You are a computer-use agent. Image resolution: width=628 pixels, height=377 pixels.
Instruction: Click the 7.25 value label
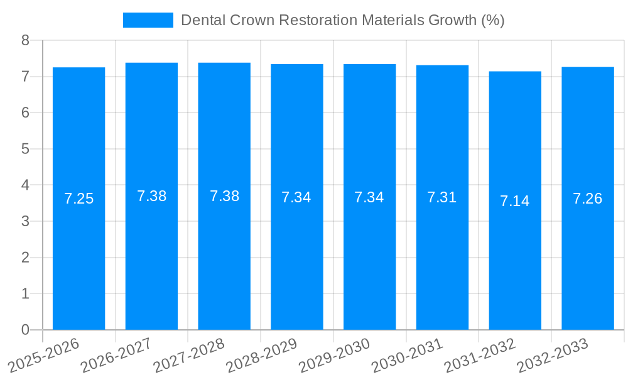[x=78, y=199]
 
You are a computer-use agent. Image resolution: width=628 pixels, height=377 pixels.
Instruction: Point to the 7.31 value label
[x=442, y=198]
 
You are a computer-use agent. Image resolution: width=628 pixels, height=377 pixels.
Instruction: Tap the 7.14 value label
[x=515, y=201]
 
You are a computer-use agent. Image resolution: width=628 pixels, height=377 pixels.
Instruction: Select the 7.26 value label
[x=588, y=199]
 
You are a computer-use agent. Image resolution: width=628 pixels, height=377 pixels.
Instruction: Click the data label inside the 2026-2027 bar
[x=151, y=196]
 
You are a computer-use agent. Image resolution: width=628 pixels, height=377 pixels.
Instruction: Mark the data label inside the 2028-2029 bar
[x=296, y=197]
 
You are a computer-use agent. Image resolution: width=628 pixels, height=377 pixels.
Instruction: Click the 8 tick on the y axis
[x=25, y=40]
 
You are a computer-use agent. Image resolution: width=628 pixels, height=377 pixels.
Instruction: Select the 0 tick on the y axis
[x=25, y=330]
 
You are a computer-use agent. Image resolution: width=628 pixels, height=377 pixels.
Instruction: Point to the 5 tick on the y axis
[x=25, y=149]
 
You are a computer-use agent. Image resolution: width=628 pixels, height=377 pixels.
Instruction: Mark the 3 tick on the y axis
[x=25, y=221]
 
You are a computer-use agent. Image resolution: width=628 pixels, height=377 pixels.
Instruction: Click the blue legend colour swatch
[x=148, y=20]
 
